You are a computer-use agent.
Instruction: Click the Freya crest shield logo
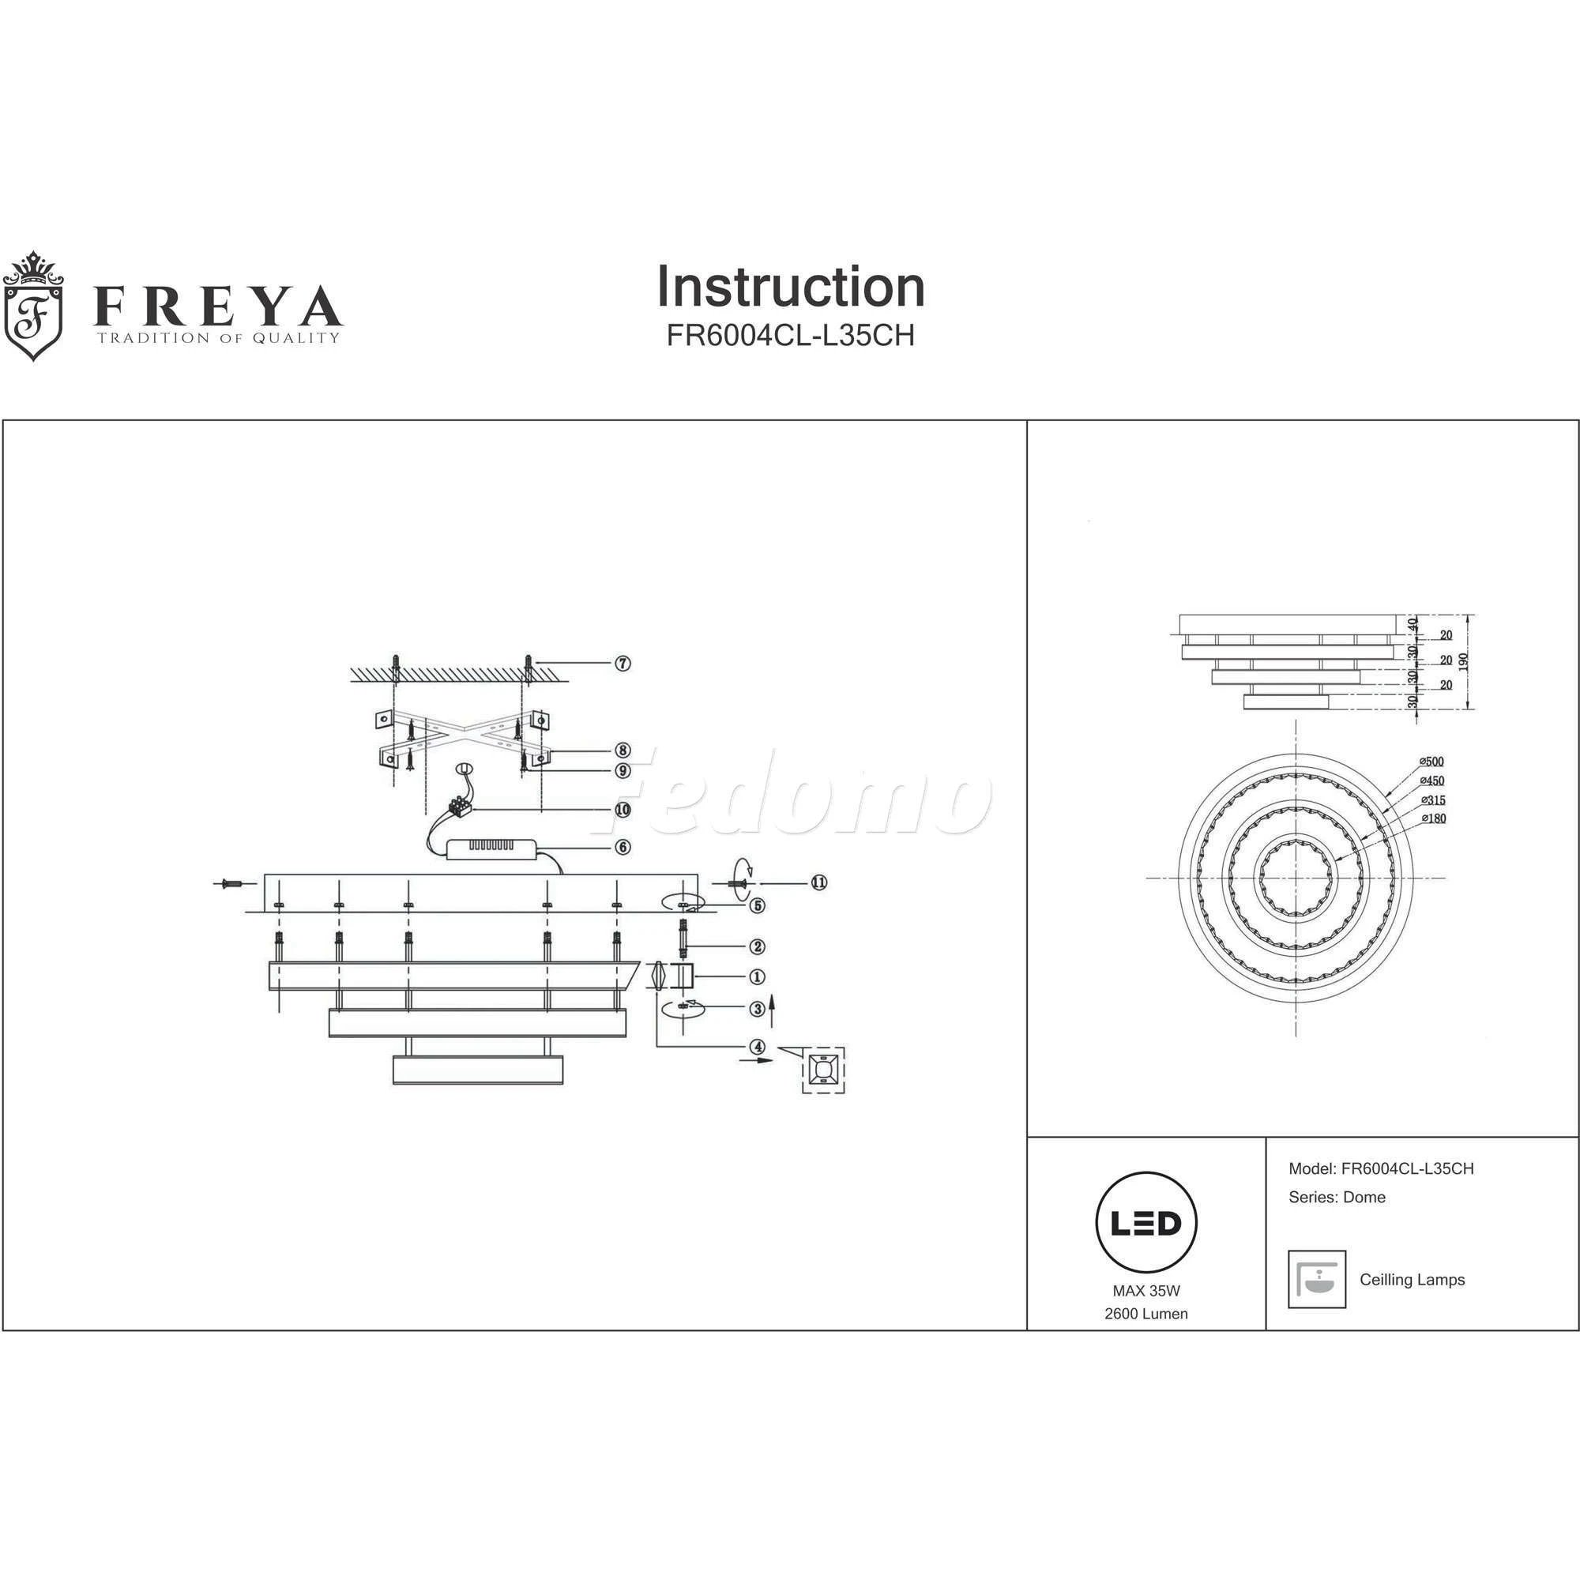click(x=33, y=307)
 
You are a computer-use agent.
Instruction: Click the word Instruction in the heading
click(x=790, y=287)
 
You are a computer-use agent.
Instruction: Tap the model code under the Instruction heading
click(x=790, y=335)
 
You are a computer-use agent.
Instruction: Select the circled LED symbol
click(x=1145, y=1224)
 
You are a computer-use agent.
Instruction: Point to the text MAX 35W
click(x=1145, y=1292)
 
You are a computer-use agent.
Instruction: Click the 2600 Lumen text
click(x=1145, y=1315)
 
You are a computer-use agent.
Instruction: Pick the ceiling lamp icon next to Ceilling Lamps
click(x=1317, y=1279)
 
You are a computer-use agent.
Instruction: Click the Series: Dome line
click(x=1337, y=1198)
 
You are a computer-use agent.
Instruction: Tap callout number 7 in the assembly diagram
click(x=623, y=664)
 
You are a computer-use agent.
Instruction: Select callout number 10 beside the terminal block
click(x=623, y=811)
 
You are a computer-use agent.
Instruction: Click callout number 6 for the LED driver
click(x=623, y=847)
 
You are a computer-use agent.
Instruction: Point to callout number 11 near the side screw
click(x=818, y=882)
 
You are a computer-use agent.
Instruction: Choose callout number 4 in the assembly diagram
click(x=758, y=1046)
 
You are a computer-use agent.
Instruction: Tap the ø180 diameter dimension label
click(x=1434, y=818)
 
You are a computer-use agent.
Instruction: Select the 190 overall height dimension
click(x=1463, y=660)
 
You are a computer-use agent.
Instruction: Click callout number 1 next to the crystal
click(x=758, y=976)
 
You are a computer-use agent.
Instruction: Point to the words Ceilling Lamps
click(x=1413, y=1280)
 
